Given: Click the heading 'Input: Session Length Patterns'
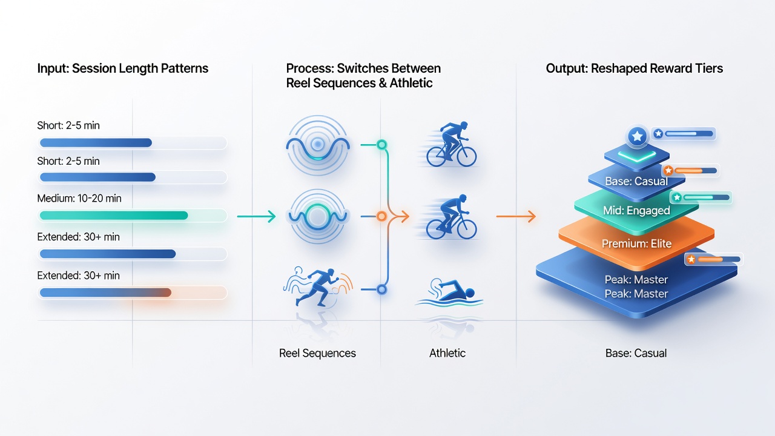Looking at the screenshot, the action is click(x=122, y=68).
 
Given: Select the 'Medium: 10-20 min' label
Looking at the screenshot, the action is click(x=79, y=198).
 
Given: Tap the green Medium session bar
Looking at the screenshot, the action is click(x=114, y=216).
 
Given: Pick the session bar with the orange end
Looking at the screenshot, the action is click(x=105, y=292).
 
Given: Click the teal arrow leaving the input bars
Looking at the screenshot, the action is click(x=256, y=217).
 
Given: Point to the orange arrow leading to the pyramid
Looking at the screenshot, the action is click(x=516, y=217).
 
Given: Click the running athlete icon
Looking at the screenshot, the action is click(x=318, y=287).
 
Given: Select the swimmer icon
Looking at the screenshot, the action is click(x=449, y=292).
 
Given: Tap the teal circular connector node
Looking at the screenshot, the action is click(x=381, y=145).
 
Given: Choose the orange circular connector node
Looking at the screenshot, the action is click(x=381, y=217).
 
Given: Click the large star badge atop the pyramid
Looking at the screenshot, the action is click(x=638, y=136).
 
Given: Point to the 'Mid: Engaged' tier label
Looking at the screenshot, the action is click(x=636, y=210).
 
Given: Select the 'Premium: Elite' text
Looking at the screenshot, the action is click(x=636, y=243).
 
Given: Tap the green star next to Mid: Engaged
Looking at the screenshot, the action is click(x=677, y=197).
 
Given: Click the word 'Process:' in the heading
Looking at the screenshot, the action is click(x=310, y=68).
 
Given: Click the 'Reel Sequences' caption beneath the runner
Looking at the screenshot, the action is click(x=317, y=353).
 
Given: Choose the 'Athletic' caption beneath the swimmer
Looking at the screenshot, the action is click(x=447, y=353).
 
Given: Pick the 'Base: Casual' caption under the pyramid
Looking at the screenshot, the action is click(x=636, y=353).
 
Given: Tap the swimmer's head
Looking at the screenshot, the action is click(x=470, y=294).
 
